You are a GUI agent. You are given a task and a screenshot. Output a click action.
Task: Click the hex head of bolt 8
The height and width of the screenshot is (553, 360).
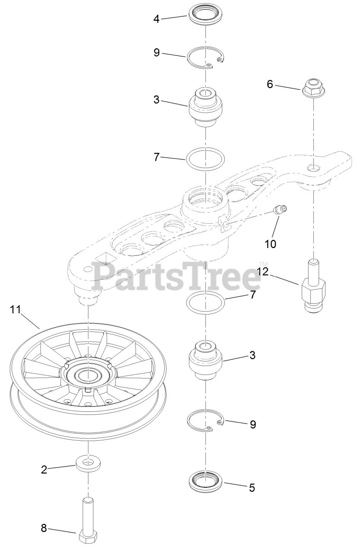[88, 537]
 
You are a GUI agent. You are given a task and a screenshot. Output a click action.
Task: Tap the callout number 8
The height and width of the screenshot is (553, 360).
[44, 528]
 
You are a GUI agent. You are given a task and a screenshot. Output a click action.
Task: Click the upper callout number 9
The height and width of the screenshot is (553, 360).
[157, 52]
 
